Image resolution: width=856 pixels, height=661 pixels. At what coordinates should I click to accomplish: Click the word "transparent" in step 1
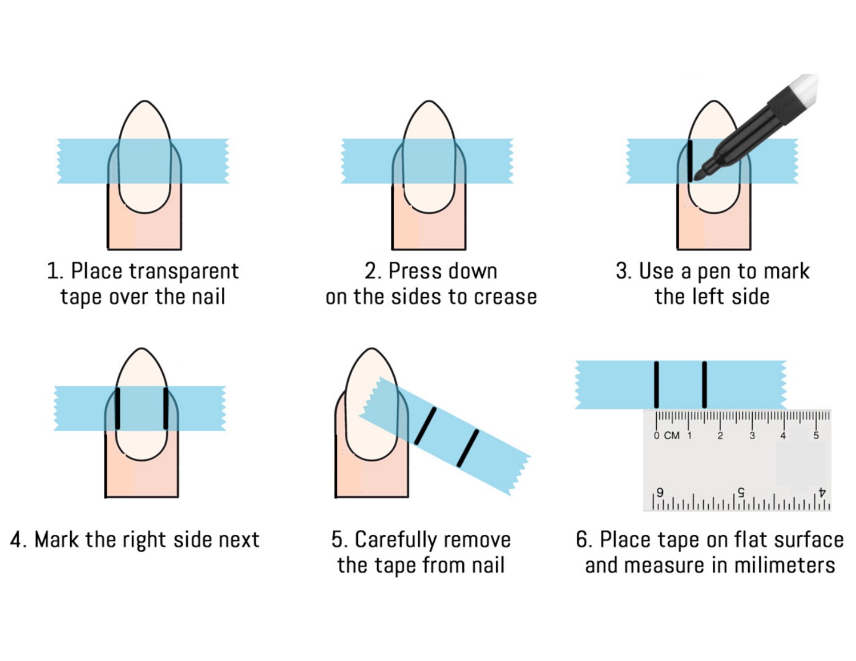[183, 271]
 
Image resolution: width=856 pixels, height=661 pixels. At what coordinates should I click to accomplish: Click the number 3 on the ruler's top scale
[752, 436]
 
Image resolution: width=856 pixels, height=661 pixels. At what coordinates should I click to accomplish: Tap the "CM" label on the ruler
[672, 436]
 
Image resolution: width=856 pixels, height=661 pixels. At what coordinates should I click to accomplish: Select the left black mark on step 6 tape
[657, 384]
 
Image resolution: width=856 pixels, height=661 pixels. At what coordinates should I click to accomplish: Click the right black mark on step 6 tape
[705, 384]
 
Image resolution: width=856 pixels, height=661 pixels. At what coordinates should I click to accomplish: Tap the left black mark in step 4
[118, 408]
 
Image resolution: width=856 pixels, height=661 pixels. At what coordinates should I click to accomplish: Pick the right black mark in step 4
[166, 408]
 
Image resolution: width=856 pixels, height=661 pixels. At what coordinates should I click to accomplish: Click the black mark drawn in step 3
[690, 161]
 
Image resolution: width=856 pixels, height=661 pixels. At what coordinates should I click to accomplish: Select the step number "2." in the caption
[373, 271]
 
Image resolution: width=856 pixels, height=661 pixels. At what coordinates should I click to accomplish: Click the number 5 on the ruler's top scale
[815, 436]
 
